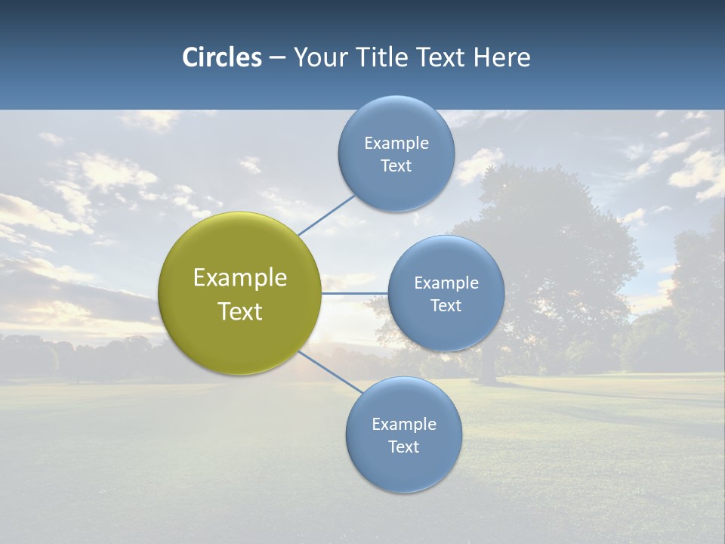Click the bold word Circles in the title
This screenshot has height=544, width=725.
pyautogui.click(x=221, y=57)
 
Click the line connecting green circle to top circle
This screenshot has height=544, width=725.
pyautogui.click(x=326, y=215)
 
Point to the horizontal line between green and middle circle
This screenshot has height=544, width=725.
pyautogui.click(x=354, y=292)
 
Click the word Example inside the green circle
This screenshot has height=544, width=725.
pyautogui.click(x=240, y=278)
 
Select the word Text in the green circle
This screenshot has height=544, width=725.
pyautogui.click(x=240, y=311)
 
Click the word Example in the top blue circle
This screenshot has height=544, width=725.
pyautogui.click(x=396, y=144)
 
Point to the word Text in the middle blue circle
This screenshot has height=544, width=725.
pyautogui.click(x=446, y=305)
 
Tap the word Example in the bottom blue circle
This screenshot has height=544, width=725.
pyautogui.click(x=403, y=424)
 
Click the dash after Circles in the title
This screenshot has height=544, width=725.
pyautogui.click(x=277, y=57)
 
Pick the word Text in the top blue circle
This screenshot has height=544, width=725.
pyautogui.click(x=396, y=165)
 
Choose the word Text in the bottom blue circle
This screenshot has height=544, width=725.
pyautogui.click(x=403, y=447)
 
